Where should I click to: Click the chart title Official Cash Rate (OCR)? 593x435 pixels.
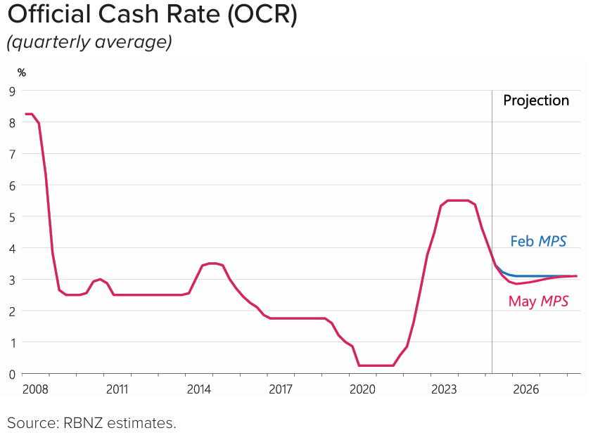(152, 16)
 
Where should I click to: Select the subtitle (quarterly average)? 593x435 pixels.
(89, 42)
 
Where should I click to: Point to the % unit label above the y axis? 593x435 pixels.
(22, 72)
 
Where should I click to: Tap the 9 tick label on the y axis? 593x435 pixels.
(12, 91)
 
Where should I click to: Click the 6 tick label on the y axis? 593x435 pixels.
(12, 186)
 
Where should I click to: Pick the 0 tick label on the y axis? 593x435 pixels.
(12, 374)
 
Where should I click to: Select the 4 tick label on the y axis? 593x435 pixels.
(12, 248)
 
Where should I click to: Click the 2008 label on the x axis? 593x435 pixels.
(34, 389)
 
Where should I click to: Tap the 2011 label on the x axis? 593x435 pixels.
(117, 389)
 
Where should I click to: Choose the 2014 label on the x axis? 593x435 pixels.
(199, 389)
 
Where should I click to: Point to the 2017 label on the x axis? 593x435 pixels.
(281, 389)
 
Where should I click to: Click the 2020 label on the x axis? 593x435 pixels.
(363, 389)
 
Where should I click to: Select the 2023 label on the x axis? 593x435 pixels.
(445, 389)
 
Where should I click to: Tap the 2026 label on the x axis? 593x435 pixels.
(526, 389)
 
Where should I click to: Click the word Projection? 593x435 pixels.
(536, 100)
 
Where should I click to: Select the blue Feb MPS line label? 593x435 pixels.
(538, 241)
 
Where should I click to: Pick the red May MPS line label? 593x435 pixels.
(538, 301)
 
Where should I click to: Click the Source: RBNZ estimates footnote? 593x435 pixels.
(91, 422)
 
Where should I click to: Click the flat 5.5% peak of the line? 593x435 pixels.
(457, 200)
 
